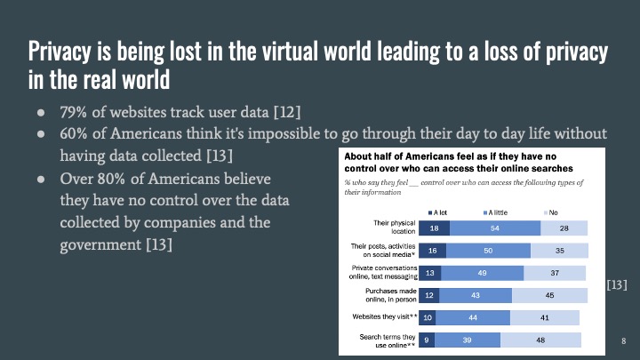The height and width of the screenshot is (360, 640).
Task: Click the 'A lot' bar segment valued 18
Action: tap(432, 229)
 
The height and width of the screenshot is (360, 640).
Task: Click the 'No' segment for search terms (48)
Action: tap(540, 339)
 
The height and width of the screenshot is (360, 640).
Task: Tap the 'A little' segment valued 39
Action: tap(468, 339)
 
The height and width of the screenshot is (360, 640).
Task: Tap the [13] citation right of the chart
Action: tap(617, 284)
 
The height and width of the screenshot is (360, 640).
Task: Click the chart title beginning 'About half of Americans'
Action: tap(457, 160)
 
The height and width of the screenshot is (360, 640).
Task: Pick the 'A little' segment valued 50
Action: tap(488, 252)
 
